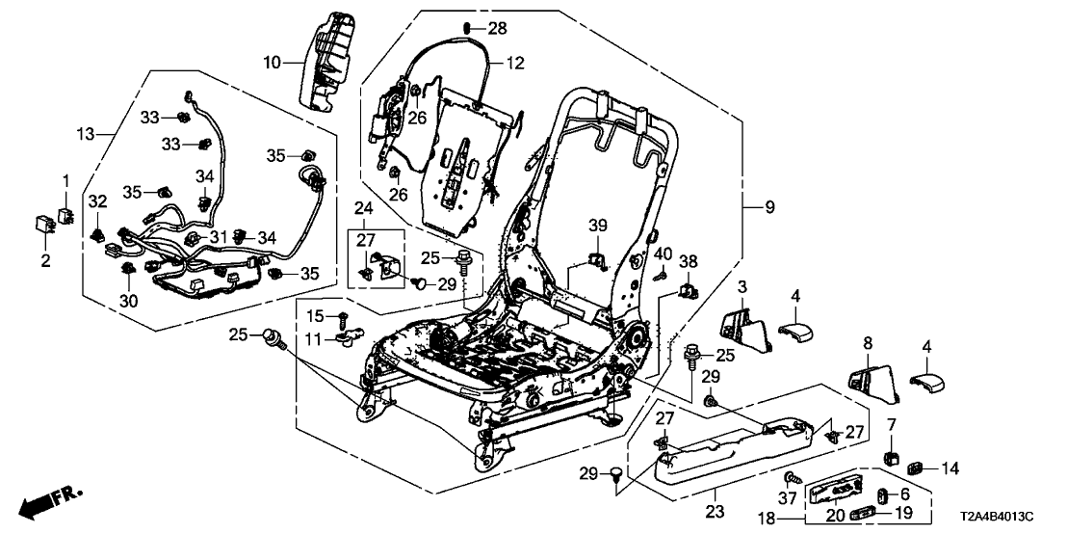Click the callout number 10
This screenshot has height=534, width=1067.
(273, 62)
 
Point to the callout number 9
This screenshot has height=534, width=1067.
(768, 207)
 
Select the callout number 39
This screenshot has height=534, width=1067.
(599, 225)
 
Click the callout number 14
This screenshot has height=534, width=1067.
(950, 468)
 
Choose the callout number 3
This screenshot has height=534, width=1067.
(743, 286)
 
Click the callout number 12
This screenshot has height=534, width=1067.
(515, 64)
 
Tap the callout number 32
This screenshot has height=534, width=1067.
(96, 200)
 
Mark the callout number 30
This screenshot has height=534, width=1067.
(129, 301)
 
